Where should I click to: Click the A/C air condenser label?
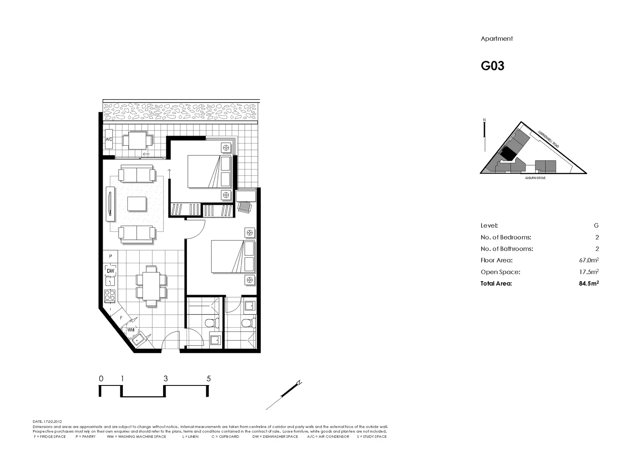pyautogui.click(x=109, y=139)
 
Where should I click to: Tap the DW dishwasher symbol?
pyautogui.click(x=110, y=271)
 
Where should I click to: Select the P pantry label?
pyautogui.click(x=110, y=256)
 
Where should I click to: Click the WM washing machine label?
pyautogui.click(x=131, y=330)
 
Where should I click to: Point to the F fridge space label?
pyautogui.click(x=121, y=318)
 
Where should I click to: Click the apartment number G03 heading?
pyautogui.click(x=492, y=66)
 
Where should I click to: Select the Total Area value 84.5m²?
pyautogui.click(x=588, y=283)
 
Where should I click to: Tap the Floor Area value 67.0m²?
pyautogui.click(x=588, y=260)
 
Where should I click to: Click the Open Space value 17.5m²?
pyautogui.click(x=588, y=272)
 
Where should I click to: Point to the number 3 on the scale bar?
pyautogui.click(x=166, y=379)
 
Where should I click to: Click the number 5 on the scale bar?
pyautogui.click(x=209, y=379)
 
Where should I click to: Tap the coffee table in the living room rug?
pyautogui.click(x=137, y=204)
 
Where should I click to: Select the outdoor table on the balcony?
pyautogui.click(x=137, y=141)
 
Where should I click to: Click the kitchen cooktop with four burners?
pyautogui.click(x=110, y=295)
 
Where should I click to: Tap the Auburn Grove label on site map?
pyautogui.click(x=535, y=178)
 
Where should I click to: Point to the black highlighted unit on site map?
pyautogui.click(x=508, y=153)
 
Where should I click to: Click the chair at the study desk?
pyautogui.click(x=244, y=207)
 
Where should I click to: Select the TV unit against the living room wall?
pyautogui.click(x=110, y=205)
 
